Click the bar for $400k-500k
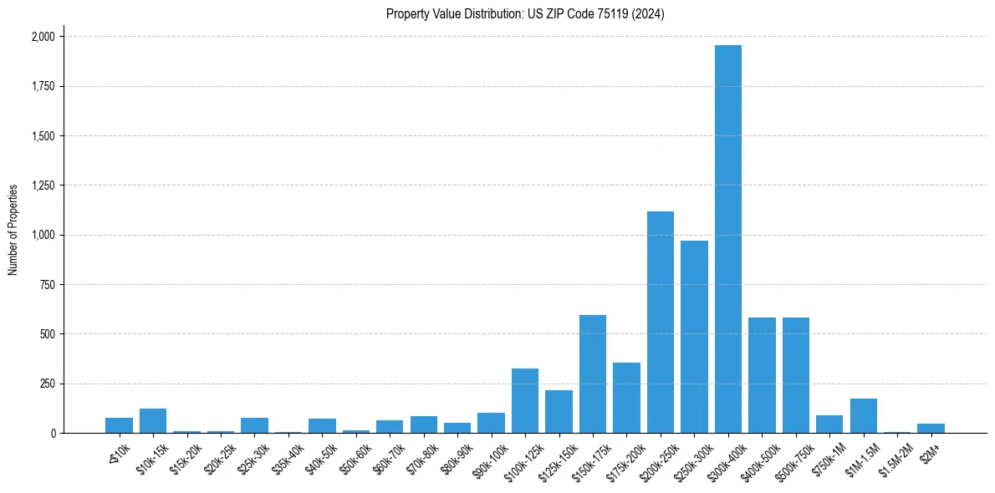[762, 375]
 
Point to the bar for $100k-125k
[524, 401]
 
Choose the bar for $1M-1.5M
[863, 416]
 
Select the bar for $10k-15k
[153, 421]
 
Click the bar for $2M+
[931, 429]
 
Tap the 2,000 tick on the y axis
[43, 37]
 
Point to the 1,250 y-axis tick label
[43, 186]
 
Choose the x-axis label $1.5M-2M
[892, 457]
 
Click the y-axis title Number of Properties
[13, 230]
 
